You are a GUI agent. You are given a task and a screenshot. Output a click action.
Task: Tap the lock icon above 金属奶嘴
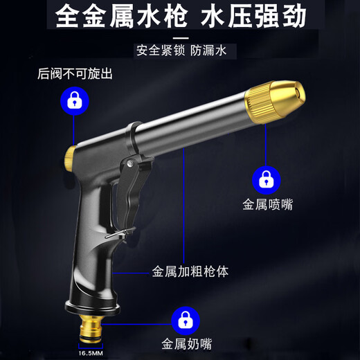[183, 318]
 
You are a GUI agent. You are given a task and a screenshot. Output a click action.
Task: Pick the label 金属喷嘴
[266, 205]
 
